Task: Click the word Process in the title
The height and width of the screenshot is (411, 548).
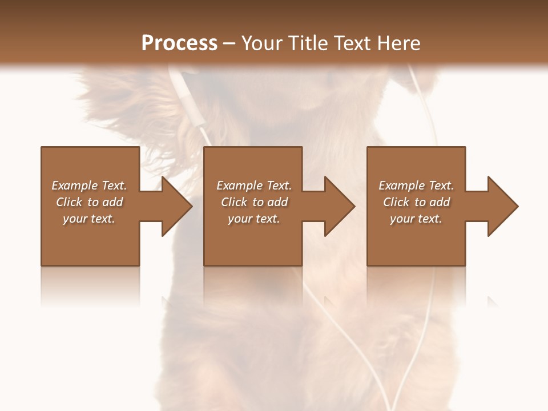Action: [x=179, y=43]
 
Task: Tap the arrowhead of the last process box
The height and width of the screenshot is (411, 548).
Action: [x=502, y=206]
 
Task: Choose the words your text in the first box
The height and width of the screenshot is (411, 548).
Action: [x=89, y=219]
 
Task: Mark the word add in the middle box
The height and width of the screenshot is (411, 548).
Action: [x=277, y=202]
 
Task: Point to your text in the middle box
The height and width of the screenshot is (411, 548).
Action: [x=254, y=219]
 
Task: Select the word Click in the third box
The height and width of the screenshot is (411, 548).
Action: [x=397, y=202]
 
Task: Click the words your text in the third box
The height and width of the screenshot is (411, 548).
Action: [x=416, y=219]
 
